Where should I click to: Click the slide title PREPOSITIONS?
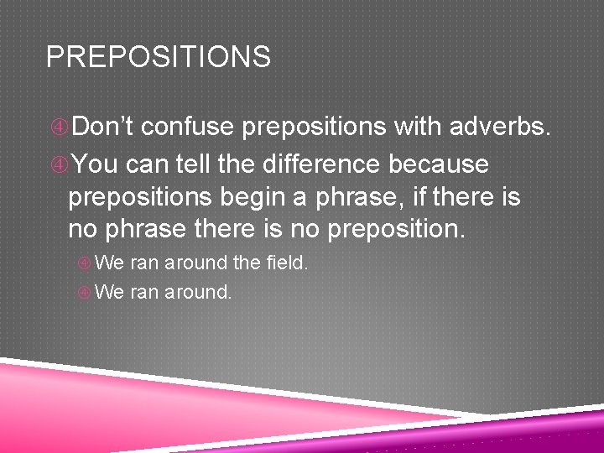159,57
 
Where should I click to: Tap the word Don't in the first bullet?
105,127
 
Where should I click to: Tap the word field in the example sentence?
285,263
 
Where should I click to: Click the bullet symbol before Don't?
59,128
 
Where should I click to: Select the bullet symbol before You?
59,164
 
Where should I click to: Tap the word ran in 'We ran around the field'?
145,263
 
